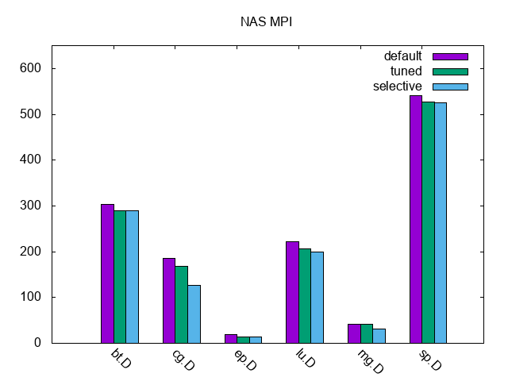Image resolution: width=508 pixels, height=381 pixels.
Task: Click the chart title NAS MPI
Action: [x=267, y=22]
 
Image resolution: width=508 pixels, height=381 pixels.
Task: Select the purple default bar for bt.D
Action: [x=107, y=273]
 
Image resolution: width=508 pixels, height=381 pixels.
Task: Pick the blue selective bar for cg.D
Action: [x=194, y=314]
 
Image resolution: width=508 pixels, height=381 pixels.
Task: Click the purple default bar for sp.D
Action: [x=416, y=219]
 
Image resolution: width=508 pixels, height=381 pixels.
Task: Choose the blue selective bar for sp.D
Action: [x=441, y=222]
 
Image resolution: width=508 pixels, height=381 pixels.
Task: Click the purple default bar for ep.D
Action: [x=231, y=339]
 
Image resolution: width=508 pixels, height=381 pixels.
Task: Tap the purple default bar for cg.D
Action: [x=169, y=300]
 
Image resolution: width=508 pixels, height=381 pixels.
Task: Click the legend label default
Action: [x=403, y=56]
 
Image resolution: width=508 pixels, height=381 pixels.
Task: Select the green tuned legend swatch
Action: [x=450, y=71]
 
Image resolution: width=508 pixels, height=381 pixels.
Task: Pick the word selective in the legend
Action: [x=398, y=87]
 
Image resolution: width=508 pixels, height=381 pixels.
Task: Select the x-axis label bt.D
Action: [x=121, y=360]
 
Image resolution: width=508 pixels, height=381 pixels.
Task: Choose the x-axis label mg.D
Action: [x=369, y=361]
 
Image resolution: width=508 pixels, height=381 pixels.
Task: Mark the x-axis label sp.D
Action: [x=430, y=360]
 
